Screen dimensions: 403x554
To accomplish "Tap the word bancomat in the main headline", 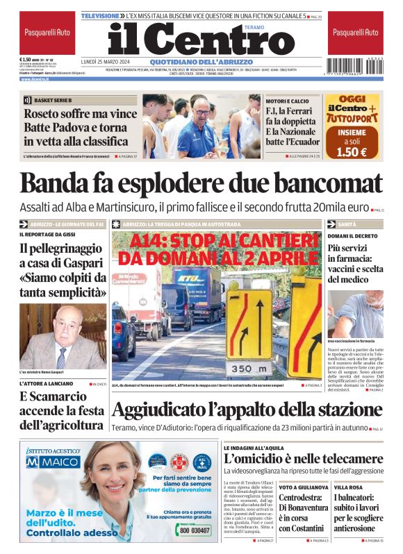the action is click(318, 183).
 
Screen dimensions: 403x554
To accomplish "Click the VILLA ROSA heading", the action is click(347, 488).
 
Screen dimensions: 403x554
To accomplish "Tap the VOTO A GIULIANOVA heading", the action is click(304, 488).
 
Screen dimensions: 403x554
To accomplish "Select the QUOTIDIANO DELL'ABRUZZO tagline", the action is click(201, 61).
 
